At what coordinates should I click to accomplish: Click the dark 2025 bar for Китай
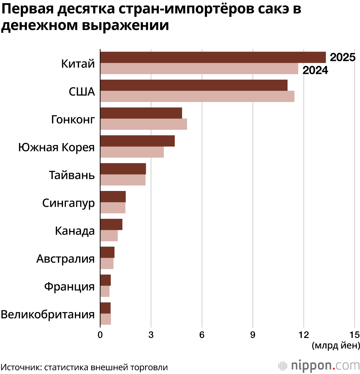pyautogui.click(x=212, y=57)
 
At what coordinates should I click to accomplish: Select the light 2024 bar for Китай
pyautogui.click(x=199, y=69)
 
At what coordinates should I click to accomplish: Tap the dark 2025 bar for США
pyautogui.click(x=193, y=85)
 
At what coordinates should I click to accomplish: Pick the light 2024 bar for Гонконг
pyautogui.click(x=143, y=124)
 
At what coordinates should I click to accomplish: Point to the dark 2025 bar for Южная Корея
pyautogui.click(x=137, y=141)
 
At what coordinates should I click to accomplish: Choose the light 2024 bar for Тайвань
pyautogui.click(x=122, y=180)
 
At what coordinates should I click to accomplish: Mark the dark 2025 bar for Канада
pyautogui.click(x=111, y=224)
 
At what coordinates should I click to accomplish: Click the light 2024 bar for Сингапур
pyautogui.click(x=112, y=208)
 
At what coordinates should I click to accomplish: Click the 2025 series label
pyautogui.click(x=343, y=58)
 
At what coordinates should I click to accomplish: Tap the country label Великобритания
pyautogui.click(x=48, y=314)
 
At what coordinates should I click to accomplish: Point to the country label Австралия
pyautogui.click(x=66, y=259)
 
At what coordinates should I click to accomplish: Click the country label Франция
pyautogui.click(x=69, y=287)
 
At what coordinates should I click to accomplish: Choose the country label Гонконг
pyautogui.click(x=73, y=119)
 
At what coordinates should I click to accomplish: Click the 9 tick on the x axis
pyautogui.click(x=253, y=334)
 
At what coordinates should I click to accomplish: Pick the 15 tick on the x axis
pyautogui.click(x=355, y=334)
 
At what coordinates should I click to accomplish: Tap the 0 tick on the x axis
pyautogui.click(x=100, y=334)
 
